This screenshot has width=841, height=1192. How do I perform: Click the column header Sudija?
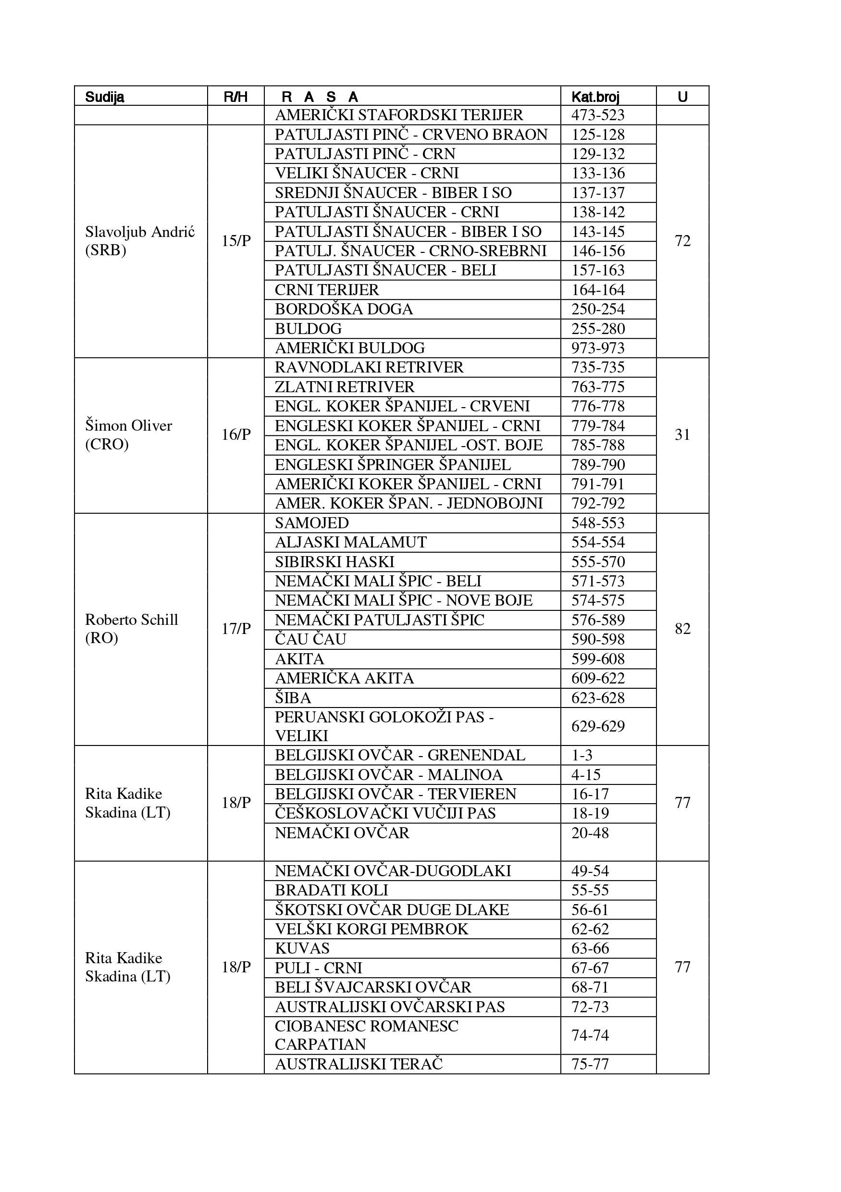pyautogui.click(x=104, y=97)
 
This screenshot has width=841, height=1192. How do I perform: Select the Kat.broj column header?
pyautogui.click(x=595, y=97)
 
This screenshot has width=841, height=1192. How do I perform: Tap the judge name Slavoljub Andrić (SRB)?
pyautogui.click(x=140, y=241)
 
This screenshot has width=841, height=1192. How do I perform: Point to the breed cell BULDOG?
pyautogui.click(x=309, y=329)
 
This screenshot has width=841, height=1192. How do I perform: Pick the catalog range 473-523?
pyautogui.click(x=597, y=115)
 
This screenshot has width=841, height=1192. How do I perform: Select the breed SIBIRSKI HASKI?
pyautogui.click(x=334, y=562)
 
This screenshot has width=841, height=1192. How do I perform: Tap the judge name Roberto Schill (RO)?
pyautogui.click(x=131, y=629)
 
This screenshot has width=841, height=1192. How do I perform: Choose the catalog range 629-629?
pyautogui.click(x=597, y=726)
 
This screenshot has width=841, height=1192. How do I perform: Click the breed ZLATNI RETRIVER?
pyautogui.click(x=345, y=387)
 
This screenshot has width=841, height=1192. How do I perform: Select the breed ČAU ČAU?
pyautogui.click(x=310, y=639)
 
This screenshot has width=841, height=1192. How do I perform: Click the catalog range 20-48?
pyautogui.click(x=590, y=833)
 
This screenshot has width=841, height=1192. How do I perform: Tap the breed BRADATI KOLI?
pyautogui.click(x=331, y=890)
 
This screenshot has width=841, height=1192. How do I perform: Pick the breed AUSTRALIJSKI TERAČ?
pyautogui.click(x=359, y=1064)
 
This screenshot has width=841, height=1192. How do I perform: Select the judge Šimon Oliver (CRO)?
pyautogui.click(x=128, y=435)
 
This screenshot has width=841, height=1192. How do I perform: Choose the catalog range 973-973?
pyautogui.click(x=597, y=348)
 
